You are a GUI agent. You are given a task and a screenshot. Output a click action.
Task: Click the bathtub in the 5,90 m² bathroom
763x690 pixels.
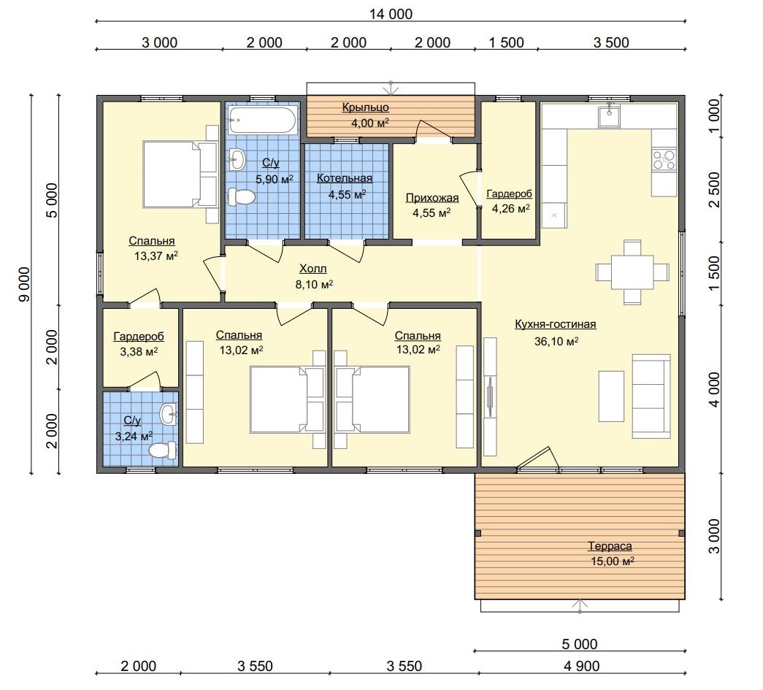262,120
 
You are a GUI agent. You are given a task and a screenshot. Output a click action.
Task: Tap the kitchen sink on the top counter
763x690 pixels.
609,116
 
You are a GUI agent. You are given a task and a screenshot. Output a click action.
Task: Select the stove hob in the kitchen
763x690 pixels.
664,160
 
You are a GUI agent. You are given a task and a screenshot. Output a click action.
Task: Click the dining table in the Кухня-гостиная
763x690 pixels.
632,272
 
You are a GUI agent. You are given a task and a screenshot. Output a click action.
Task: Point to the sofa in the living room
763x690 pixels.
651,396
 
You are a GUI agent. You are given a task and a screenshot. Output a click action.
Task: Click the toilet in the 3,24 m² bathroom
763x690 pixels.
163,450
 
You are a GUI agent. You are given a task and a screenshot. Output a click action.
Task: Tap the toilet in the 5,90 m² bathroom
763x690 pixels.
242,197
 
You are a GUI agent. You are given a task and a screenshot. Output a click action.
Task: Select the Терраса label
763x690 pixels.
610,546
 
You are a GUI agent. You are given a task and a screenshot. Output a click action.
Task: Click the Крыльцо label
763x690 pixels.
366,107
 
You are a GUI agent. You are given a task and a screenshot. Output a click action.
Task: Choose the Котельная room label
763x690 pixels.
345,178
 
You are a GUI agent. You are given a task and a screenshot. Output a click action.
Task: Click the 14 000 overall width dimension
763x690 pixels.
391,14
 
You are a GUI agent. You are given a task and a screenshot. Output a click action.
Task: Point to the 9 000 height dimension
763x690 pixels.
24,284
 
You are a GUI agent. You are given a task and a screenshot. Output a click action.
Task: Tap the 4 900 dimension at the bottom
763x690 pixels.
581,665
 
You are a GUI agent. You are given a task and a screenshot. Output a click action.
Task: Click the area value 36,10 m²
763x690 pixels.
556,341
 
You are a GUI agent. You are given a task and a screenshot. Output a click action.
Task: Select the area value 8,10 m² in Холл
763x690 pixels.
314,284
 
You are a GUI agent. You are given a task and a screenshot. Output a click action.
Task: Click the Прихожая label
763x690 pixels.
432,198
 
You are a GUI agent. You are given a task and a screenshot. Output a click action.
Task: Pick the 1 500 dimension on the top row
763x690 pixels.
506,42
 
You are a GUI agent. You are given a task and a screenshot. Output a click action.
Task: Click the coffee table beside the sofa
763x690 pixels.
611,396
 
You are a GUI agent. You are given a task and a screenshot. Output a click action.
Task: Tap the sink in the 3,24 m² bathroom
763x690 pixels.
169,415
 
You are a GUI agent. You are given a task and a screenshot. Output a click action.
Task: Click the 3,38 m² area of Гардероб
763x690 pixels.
139,351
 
